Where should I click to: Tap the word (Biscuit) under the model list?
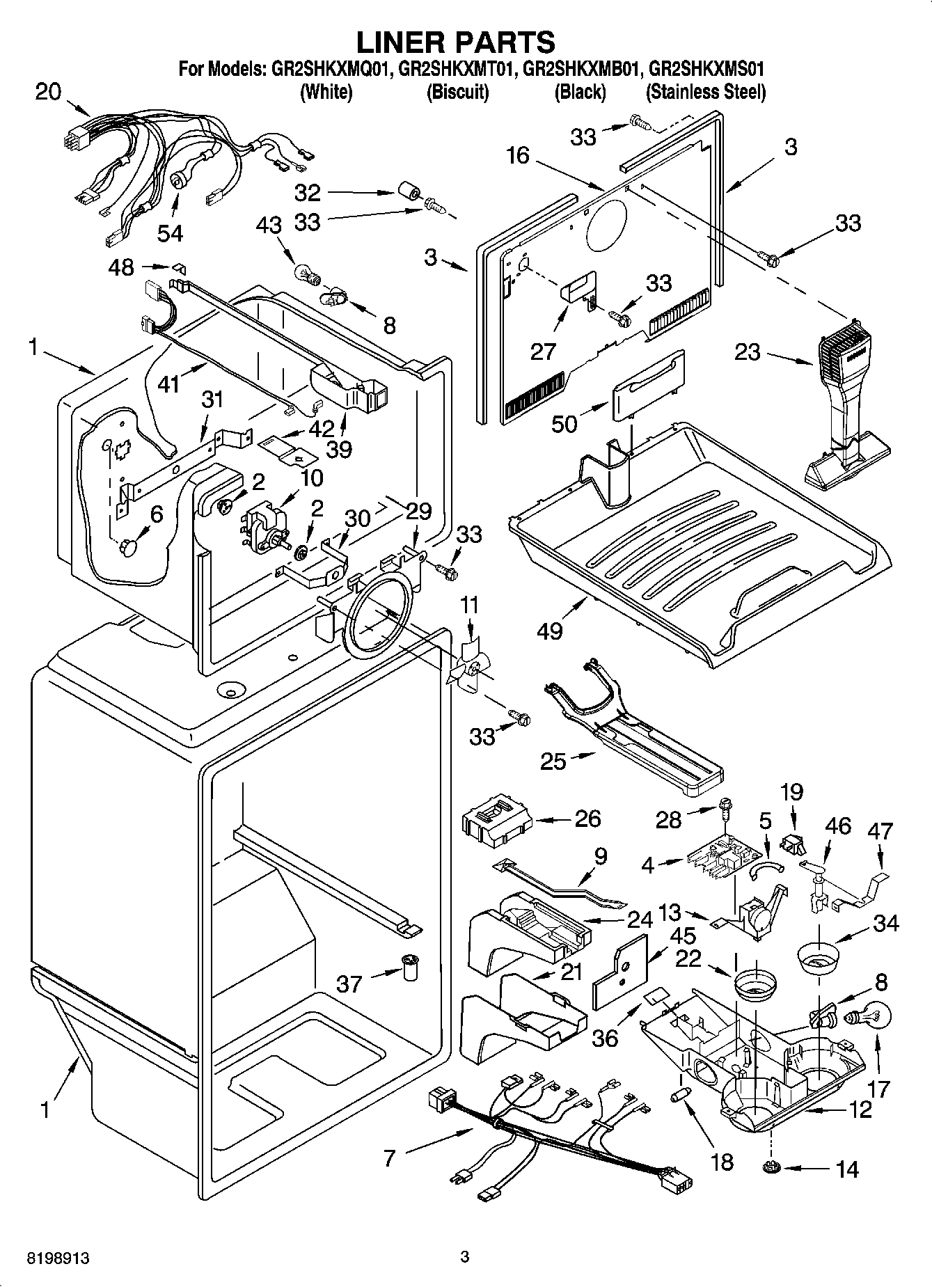(x=457, y=92)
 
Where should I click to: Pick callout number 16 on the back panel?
(x=518, y=156)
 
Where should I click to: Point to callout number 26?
(x=588, y=819)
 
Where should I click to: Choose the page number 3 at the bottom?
(x=464, y=1256)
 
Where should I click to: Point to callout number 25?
(x=553, y=761)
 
